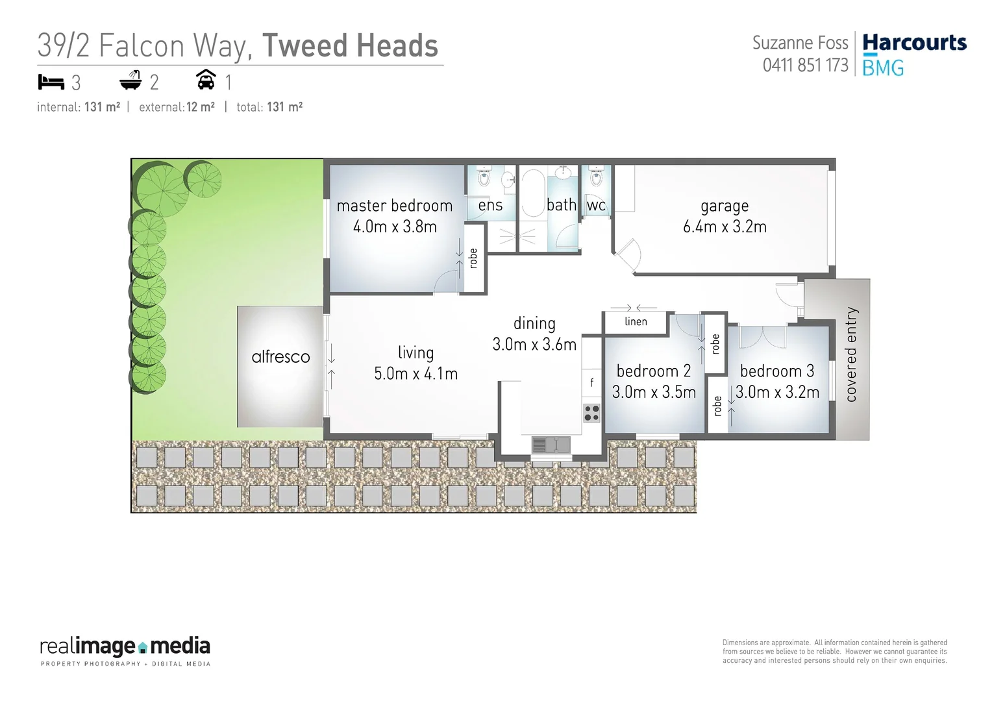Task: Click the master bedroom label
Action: (x=394, y=206)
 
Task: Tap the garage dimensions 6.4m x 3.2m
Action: (x=725, y=227)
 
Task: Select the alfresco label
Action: (x=280, y=357)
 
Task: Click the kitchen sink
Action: (x=551, y=445)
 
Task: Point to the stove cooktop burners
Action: (x=591, y=412)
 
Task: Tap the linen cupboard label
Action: (x=636, y=321)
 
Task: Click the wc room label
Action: (x=596, y=206)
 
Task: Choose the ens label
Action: (x=490, y=206)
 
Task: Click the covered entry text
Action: (x=851, y=354)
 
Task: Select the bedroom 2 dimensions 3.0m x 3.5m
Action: (x=654, y=392)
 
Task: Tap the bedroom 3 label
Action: (x=777, y=371)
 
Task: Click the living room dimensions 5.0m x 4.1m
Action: (x=415, y=374)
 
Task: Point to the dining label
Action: (x=534, y=323)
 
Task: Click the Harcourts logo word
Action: (x=914, y=43)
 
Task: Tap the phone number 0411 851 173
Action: (x=805, y=66)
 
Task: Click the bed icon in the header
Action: (x=51, y=82)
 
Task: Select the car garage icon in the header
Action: (x=206, y=80)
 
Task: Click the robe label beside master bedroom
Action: (x=473, y=258)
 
